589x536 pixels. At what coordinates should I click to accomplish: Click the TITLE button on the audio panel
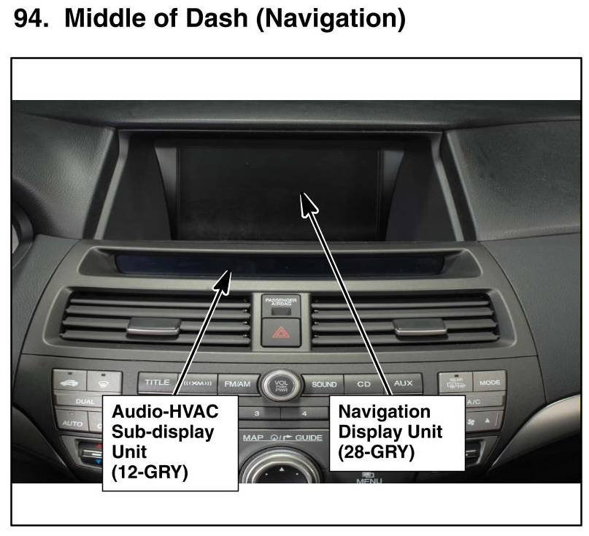pos(157,382)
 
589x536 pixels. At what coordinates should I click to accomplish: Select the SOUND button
pos(324,384)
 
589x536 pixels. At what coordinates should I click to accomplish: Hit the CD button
pos(363,384)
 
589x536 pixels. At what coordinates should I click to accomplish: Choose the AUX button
pos(403,383)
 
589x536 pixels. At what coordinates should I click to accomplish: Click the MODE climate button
pos(488,381)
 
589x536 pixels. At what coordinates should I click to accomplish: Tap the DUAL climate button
pos(75,402)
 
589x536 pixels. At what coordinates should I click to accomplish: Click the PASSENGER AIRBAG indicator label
pos(280,301)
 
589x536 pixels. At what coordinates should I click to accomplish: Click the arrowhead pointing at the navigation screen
pos(309,203)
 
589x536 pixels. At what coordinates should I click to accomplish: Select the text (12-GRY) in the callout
pos(150,472)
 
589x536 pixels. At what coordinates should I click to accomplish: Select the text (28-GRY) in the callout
pos(376,452)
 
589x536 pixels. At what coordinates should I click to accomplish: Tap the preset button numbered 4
pos(304,413)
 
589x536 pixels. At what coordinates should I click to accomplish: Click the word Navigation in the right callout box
pos(384,412)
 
